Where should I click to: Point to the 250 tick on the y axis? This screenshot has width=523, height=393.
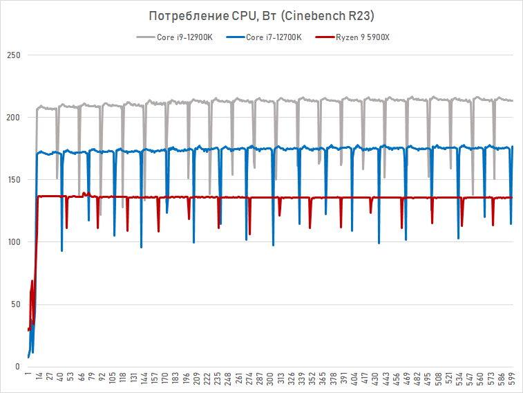click(x=13, y=55)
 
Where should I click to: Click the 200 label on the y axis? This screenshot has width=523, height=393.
click(x=13, y=118)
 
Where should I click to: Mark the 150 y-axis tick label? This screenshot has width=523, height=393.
click(x=13, y=180)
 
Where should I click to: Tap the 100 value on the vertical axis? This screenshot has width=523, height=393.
click(x=13, y=242)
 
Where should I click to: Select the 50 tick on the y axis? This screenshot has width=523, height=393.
click(x=15, y=304)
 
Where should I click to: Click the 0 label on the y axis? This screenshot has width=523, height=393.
click(x=18, y=367)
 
